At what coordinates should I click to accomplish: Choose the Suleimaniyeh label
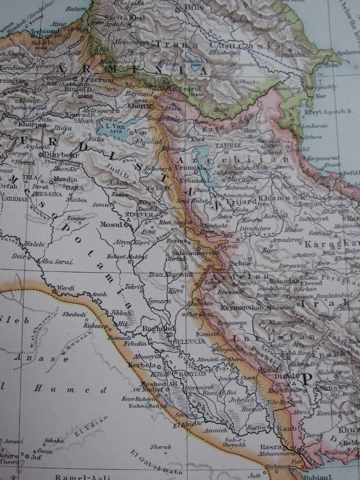click(x=196, y=253)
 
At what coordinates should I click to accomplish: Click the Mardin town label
click(x=52, y=178)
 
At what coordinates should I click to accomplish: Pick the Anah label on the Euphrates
click(x=98, y=294)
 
